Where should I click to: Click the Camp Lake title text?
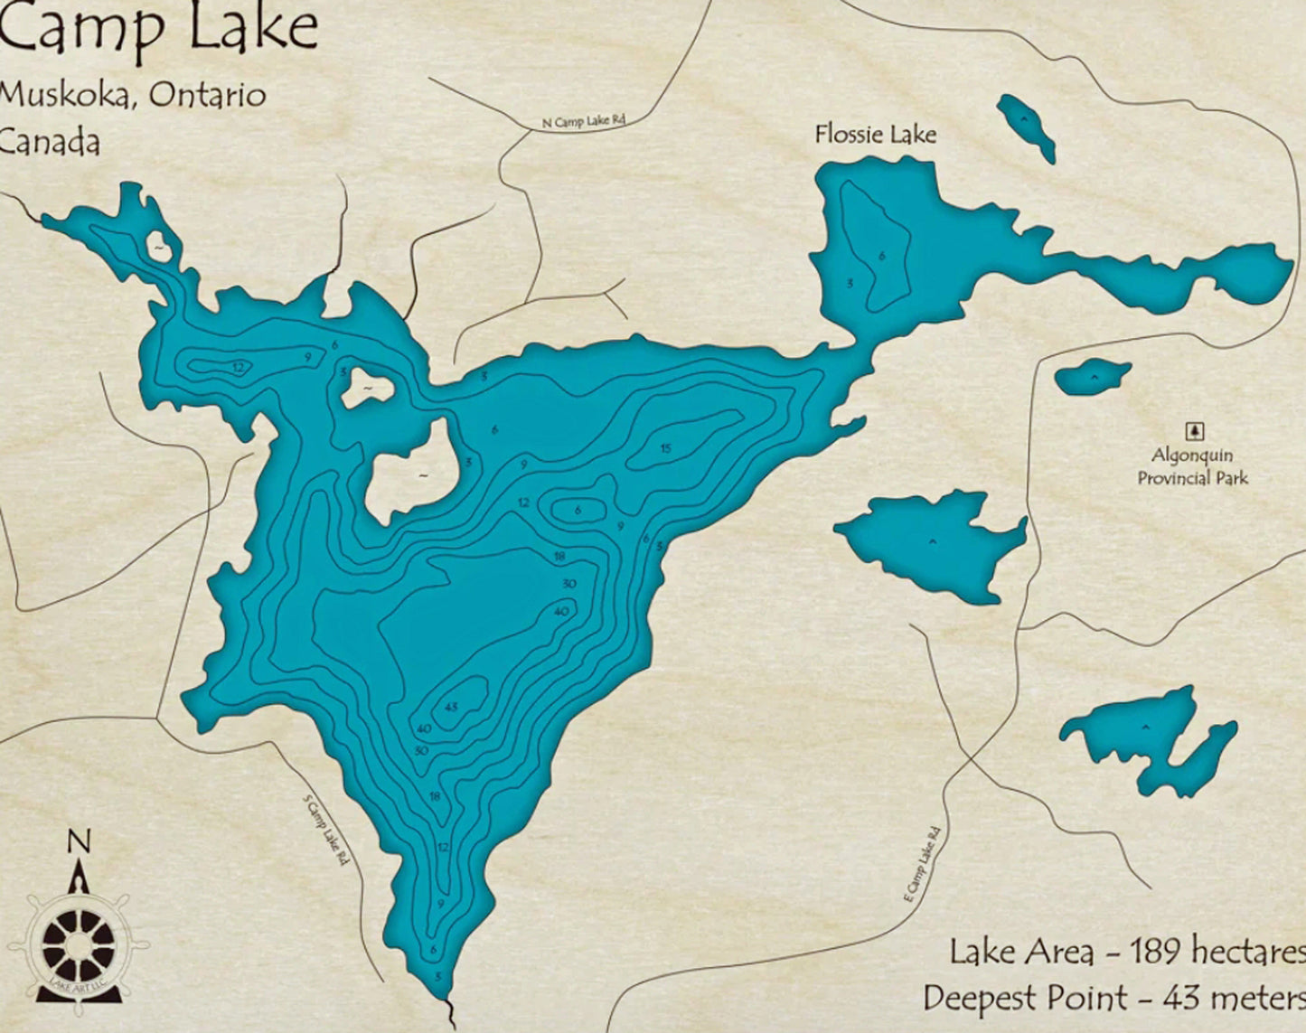tap(158, 29)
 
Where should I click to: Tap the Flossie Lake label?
tap(875, 135)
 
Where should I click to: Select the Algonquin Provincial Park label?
tap(1191, 466)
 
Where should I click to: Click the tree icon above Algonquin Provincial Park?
tap(1194, 432)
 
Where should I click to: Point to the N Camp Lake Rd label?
tap(584, 121)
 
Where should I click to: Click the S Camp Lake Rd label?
tap(325, 830)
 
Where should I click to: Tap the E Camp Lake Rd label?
tap(922, 863)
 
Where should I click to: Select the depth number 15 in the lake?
tap(665, 448)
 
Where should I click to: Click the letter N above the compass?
tap(80, 842)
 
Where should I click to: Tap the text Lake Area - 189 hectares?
tap(1126, 952)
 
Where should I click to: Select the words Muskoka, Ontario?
tap(132, 95)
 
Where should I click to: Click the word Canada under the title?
tap(50, 142)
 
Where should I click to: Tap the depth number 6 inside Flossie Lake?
tap(881, 256)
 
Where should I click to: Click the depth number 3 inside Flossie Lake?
tap(849, 283)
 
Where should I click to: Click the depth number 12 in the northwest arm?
tap(238, 367)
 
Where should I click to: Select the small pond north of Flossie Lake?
tap(1026, 127)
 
